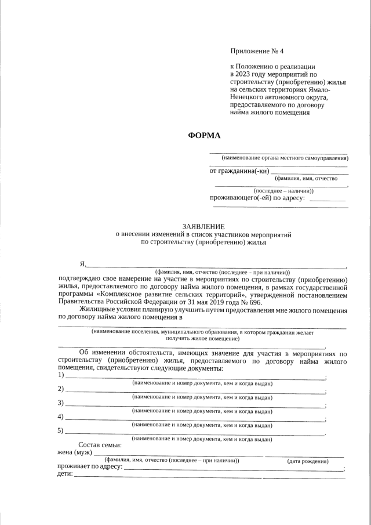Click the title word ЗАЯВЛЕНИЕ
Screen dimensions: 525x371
click(203, 226)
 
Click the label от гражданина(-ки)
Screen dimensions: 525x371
click(239, 171)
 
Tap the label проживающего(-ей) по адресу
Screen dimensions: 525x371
click(257, 198)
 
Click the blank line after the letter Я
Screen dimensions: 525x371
click(214, 266)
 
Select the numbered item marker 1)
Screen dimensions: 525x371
click(61, 376)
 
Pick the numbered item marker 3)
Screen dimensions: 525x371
click(61, 403)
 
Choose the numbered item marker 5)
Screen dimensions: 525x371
click(61, 430)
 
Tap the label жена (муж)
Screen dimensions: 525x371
click(75, 452)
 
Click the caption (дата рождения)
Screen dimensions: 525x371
click(308, 461)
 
